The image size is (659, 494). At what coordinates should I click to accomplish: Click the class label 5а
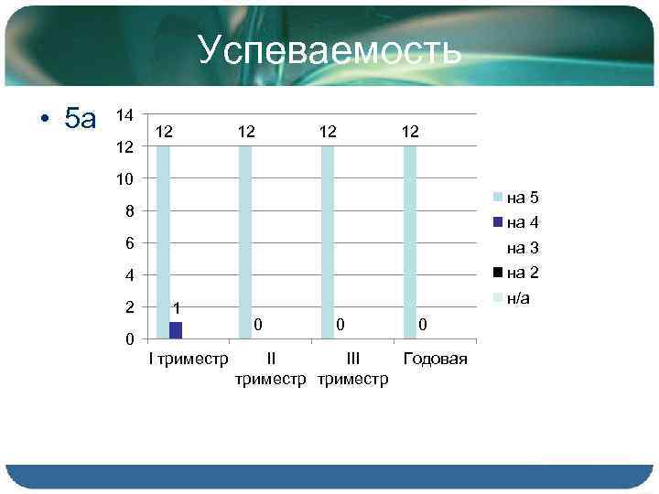coord(80,118)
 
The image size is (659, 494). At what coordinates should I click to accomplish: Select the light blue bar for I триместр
coord(163,242)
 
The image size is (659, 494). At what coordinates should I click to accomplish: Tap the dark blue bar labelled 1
coord(176,329)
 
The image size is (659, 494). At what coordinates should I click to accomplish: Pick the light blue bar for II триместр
coord(245,242)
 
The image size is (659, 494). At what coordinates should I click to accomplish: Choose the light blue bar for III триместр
coord(328,242)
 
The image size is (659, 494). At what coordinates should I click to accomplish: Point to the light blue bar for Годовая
coord(410,242)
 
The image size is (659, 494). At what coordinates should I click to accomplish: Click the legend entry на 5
coord(522,197)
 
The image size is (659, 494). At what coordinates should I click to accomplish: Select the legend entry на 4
coord(522,221)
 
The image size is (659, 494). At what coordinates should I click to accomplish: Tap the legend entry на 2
coord(522,272)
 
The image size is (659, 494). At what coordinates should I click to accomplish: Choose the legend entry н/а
coord(522,297)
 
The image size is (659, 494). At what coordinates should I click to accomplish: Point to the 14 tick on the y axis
coord(124,114)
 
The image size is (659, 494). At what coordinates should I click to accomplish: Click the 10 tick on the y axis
coord(124,178)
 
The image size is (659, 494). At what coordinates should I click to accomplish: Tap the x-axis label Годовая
coord(435,358)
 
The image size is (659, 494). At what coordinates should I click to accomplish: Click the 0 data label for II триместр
coord(259,324)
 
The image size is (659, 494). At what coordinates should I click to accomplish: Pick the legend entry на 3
coord(522,247)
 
